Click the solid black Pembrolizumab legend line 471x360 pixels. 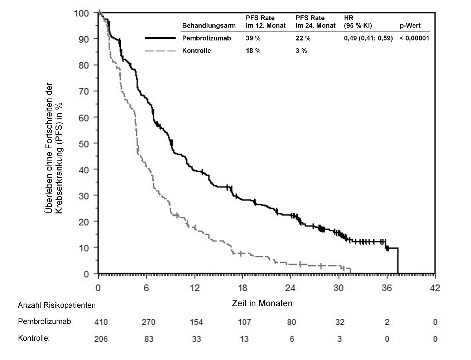point(160,38)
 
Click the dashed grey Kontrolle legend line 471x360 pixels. point(160,51)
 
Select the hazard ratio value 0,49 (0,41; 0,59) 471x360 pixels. point(368,38)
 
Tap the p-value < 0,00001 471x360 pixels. point(414,38)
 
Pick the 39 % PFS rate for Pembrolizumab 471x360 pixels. point(253,38)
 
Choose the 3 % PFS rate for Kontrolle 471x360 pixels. point(301,51)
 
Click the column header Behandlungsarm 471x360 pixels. point(209,25)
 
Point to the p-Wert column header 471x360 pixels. point(410,25)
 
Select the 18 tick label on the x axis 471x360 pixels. point(242,288)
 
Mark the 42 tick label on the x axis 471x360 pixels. point(435,288)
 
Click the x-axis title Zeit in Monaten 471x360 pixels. point(262,303)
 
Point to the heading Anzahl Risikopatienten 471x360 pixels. point(57,305)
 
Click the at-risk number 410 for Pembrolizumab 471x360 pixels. point(101,322)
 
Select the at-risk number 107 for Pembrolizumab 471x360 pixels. point(245,322)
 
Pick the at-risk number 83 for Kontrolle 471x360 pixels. point(149,339)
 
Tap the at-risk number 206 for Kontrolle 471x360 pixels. point(101,339)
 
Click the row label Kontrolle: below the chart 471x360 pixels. point(34,338)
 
